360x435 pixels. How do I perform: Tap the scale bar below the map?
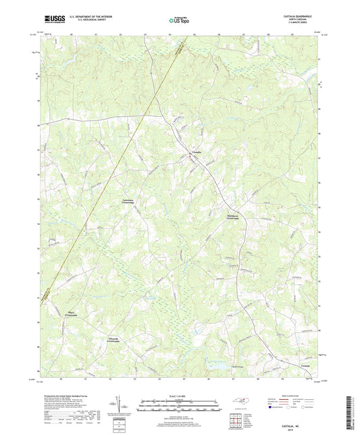click(179, 405)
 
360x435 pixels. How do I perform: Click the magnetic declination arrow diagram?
click(122, 407)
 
